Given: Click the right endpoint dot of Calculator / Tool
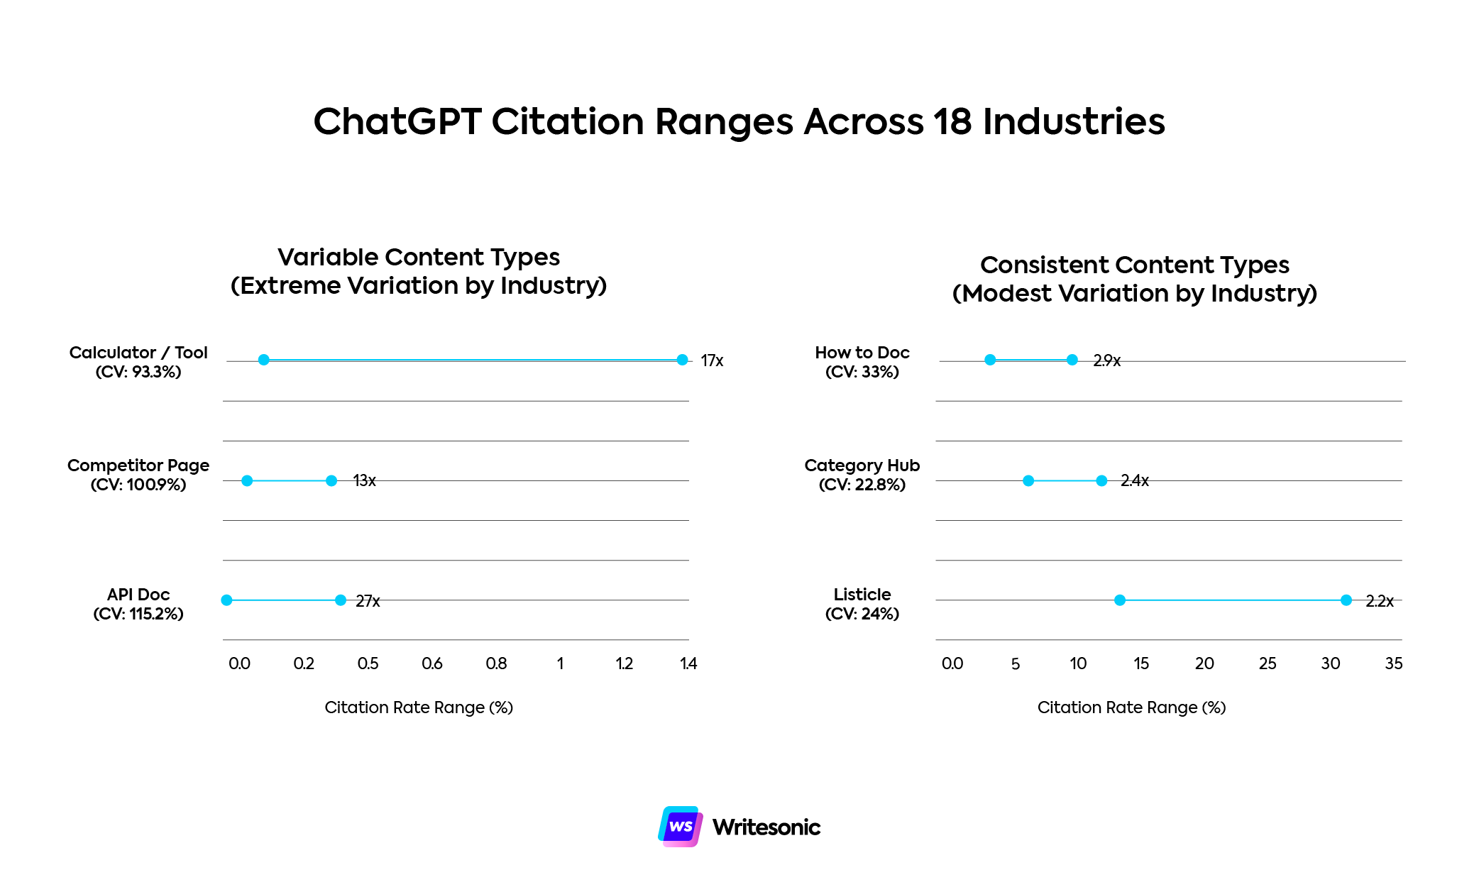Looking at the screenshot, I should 682,360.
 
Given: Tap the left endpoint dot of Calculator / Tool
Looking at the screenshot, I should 263,360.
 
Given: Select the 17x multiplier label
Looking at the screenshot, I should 712,360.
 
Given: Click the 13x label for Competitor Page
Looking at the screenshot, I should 364,480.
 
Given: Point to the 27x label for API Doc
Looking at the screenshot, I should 368,601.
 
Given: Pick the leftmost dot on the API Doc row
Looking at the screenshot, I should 226,600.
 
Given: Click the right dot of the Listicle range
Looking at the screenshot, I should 1346,600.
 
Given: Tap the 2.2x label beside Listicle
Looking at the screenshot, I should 1379,601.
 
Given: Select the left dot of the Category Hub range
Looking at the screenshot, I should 1028,480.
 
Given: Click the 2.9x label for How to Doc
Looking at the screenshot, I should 1106,360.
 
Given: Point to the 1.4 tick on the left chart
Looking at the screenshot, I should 688,663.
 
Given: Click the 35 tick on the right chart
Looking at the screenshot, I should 1393,663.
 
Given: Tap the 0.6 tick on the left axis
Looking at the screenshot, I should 431,663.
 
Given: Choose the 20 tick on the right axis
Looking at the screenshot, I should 1204,663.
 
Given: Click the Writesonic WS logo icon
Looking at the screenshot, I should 680,827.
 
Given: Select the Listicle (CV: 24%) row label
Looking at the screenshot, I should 862,603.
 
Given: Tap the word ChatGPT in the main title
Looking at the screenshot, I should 397,121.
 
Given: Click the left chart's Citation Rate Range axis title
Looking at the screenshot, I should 419,707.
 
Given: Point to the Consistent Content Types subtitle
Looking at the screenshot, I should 1134,265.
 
